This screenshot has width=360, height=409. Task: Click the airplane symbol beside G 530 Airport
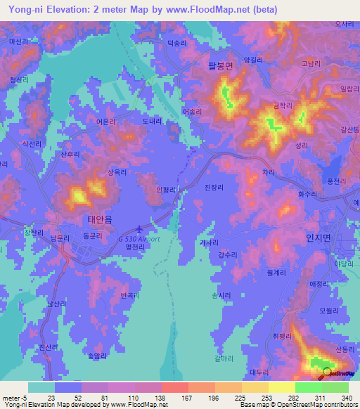pos(139,228)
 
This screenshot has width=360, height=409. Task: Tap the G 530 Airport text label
pos(139,239)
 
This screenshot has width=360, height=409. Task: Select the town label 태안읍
pos(99,219)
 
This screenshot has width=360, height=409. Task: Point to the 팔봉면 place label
pos(205,66)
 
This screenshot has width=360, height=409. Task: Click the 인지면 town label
pos(319,238)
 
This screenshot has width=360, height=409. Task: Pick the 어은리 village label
pos(106,122)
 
